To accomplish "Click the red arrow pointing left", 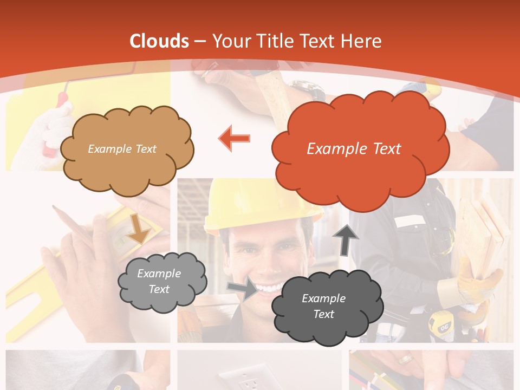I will tap(235, 139).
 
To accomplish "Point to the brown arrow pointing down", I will tap(139, 228).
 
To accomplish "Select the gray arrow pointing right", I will tap(243, 289).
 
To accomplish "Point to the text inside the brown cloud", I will tap(122, 149).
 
